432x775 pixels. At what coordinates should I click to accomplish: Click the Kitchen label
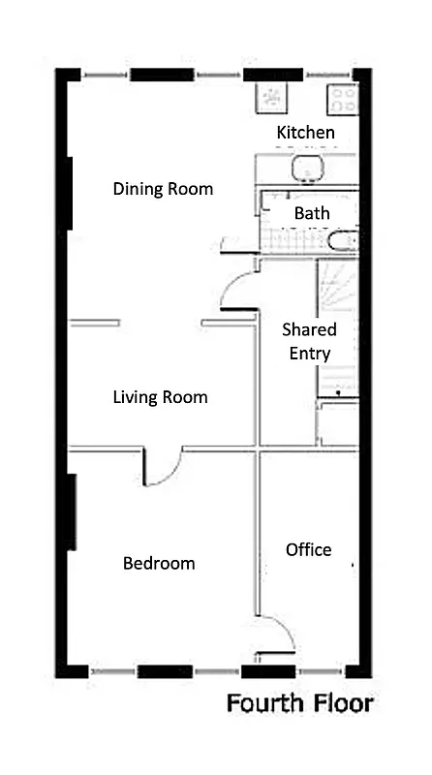pos(306,132)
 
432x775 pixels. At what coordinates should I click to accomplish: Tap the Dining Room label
pos(163,189)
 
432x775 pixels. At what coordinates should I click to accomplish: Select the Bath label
pos(312,213)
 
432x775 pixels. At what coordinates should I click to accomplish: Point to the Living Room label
pos(160,397)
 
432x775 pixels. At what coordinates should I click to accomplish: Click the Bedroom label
pos(159,564)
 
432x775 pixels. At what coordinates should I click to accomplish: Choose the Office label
pos(308,550)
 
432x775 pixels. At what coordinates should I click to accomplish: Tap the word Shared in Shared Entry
pos(309,330)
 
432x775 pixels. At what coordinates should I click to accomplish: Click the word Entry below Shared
pos(309,354)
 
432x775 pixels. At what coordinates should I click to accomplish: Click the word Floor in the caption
pos(339,704)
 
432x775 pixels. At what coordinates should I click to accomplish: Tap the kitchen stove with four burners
pos(343,98)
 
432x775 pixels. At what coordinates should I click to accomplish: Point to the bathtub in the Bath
pos(342,240)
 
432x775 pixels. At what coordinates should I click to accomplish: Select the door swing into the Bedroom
pos(161,469)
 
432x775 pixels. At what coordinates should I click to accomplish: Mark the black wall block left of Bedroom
pos(72,511)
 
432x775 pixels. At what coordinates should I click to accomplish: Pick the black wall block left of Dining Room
pos(69,193)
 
